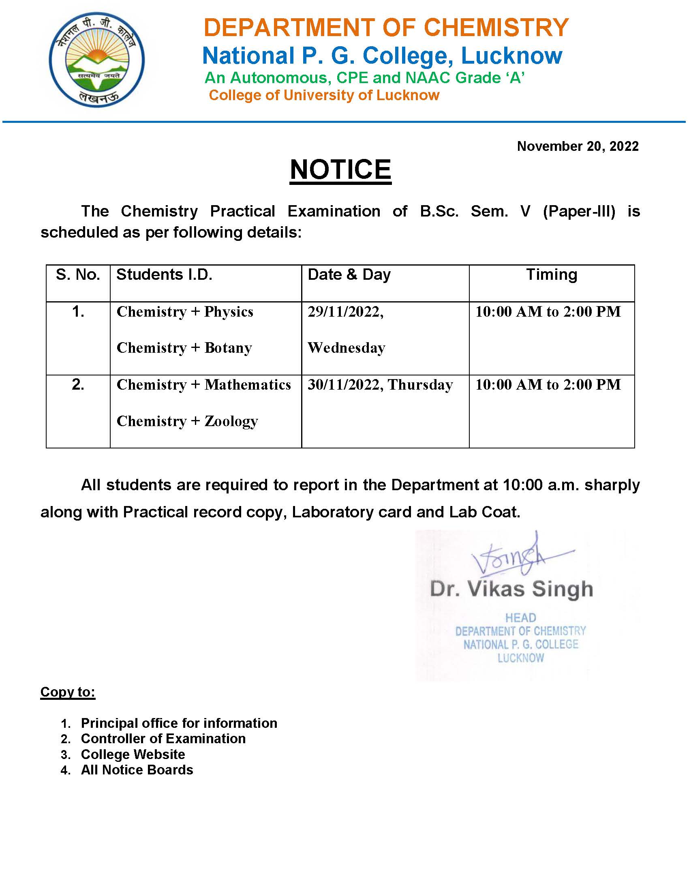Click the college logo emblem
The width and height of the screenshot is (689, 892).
[97, 60]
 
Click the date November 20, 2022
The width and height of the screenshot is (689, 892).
[578, 146]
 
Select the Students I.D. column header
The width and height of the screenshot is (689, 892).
[164, 274]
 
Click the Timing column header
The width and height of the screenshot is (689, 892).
[552, 274]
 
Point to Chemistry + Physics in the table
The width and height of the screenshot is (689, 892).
[185, 312]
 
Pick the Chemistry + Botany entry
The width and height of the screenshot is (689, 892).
[184, 347]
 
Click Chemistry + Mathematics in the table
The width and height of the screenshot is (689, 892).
[204, 384]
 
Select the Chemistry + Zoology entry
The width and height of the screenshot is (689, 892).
[187, 421]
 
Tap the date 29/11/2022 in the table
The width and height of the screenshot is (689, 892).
[345, 312]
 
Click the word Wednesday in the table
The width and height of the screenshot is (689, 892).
[347, 347]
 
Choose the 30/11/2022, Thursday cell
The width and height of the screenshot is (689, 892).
[380, 384]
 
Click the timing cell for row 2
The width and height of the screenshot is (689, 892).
[548, 384]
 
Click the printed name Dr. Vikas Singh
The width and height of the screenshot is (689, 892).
[511, 589]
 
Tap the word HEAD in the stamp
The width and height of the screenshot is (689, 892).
[520, 618]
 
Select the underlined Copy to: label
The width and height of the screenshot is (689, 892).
[68, 692]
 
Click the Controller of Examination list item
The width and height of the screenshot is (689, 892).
[163, 738]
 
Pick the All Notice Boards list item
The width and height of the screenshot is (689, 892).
[137, 770]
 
